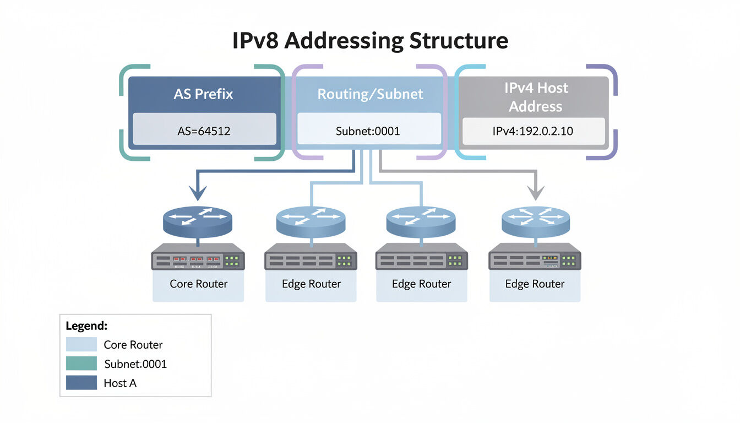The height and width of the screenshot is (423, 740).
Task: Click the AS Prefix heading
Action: [203, 94]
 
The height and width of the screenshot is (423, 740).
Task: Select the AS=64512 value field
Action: [204, 131]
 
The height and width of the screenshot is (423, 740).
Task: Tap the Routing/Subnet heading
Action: [370, 94]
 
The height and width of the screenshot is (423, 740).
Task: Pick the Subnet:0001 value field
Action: [368, 131]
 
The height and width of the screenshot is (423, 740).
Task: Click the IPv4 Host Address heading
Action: [536, 97]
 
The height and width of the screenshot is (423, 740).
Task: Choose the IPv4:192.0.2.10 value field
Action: [534, 131]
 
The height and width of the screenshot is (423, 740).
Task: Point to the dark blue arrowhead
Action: [198, 192]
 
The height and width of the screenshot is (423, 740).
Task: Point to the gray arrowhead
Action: [535, 192]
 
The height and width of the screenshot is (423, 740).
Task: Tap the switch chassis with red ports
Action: [198, 257]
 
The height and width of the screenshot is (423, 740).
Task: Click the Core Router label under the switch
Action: [198, 284]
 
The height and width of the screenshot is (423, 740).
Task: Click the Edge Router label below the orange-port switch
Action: [535, 284]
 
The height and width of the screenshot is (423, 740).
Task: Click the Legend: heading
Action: [86, 326]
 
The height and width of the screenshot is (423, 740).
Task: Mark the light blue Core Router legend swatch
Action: [81, 345]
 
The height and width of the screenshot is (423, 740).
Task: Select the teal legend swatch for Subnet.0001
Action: [81, 364]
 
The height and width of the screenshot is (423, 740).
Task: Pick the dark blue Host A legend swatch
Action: [81, 383]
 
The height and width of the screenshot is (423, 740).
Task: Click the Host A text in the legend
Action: [119, 383]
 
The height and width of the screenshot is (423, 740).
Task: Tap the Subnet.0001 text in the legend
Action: [135, 364]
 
